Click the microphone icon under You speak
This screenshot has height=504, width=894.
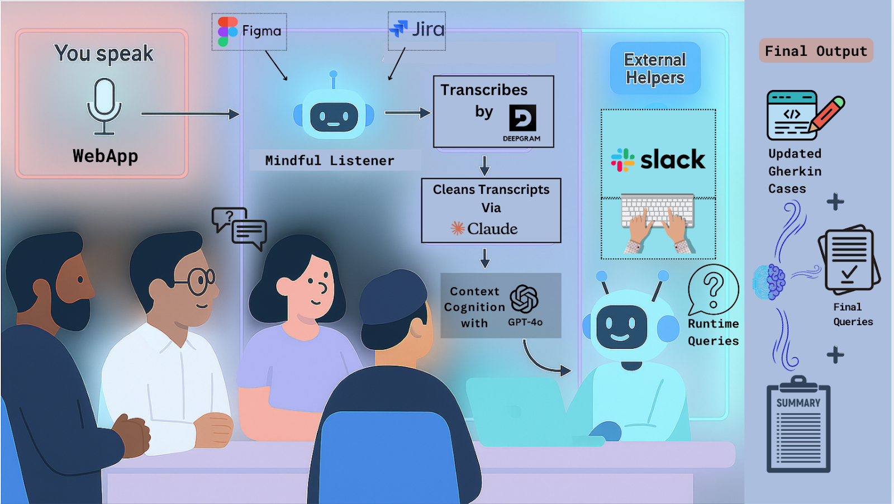tap(104, 106)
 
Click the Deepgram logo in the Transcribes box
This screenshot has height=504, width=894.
tap(522, 118)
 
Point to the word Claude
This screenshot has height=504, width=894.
tap(492, 229)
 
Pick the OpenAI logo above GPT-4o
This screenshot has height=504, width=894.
tap(524, 298)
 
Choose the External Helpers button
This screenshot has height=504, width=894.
tap(655, 68)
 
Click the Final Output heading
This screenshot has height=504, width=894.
tap(816, 51)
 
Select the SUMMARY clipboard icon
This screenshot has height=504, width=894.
tap(798, 425)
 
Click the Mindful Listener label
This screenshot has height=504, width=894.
tap(330, 160)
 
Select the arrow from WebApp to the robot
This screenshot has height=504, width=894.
tap(190, 114)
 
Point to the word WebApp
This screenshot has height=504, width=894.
tap(105, 156)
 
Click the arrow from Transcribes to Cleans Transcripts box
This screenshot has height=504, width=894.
tap(484, 165)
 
